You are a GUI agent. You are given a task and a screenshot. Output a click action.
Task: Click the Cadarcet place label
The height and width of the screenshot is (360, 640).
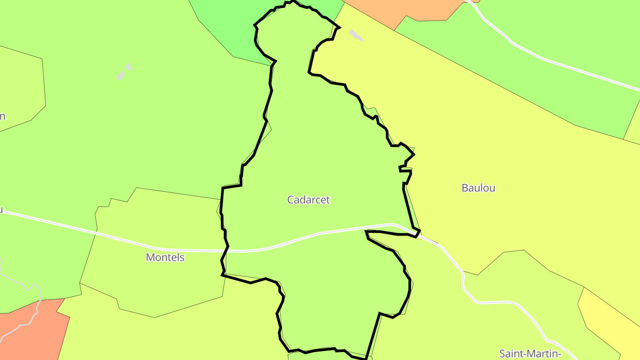(308, 200)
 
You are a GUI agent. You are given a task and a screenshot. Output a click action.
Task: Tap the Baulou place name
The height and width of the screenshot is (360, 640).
(478, 188)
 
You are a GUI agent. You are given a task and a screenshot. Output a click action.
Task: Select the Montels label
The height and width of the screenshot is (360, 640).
(165, 257)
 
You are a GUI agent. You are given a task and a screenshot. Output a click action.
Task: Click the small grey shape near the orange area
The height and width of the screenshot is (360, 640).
(356, 35)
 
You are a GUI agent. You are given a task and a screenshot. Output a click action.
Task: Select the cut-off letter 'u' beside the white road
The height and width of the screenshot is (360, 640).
(1, 209)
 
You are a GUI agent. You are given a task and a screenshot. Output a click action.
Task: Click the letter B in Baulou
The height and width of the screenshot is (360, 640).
(465, 188)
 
